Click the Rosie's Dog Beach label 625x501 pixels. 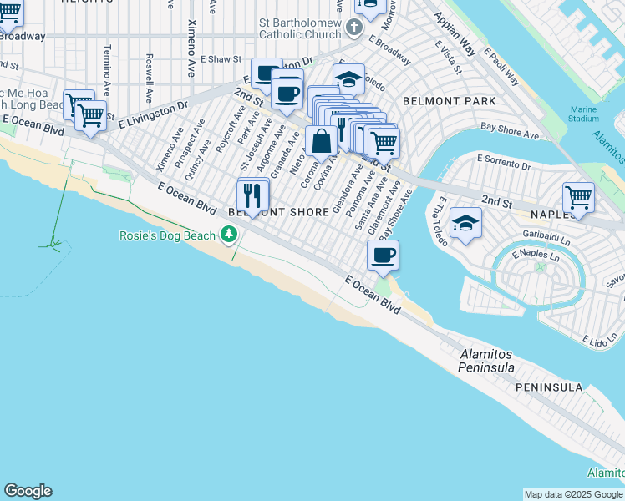coord(166,236)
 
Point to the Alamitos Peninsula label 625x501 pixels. coord(498,361)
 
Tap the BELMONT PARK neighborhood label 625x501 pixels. coord(449,101)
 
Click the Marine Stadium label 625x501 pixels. coord(584,114)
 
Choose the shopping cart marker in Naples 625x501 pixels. coord(577,198)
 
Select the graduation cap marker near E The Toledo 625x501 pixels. coord(465,223)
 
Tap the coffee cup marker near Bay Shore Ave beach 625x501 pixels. coord(383,256)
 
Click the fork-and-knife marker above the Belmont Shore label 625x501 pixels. coord(253,196)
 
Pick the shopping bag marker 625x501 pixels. coord(321,142)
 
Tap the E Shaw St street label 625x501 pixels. coord(221,59)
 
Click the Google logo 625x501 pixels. coord(28,491)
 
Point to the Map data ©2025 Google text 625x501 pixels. coord(573,494)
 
